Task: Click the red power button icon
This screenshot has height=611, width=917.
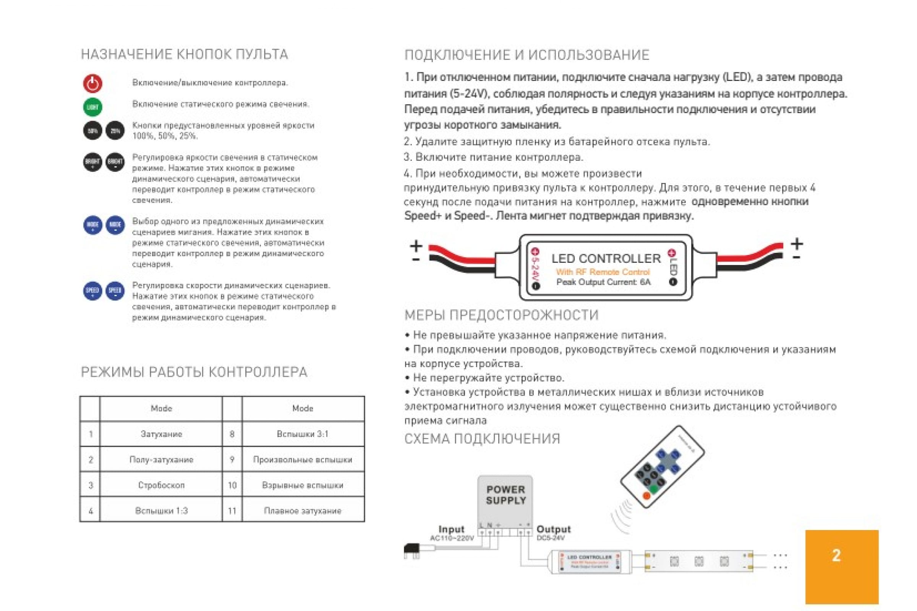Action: (x=92, y=83)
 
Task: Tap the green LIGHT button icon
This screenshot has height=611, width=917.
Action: (x=92, y=107)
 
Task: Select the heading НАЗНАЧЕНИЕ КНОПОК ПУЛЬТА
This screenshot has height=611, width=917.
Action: (x=185, y=54)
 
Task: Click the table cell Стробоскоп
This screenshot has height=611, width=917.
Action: (x=161, y=485)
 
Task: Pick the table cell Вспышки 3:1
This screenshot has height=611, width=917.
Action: (x=303, y=434)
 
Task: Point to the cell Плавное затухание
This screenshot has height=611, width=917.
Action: (x=303, y=511)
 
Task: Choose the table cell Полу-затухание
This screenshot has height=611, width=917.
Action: (x=161, y=459)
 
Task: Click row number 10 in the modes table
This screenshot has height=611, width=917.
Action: (x=232, y=485)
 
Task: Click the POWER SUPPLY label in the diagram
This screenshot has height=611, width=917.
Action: (x=505, y=495)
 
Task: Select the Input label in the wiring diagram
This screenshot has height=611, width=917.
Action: (x=452, y=529)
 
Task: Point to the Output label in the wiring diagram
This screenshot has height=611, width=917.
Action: (x=553, y=529)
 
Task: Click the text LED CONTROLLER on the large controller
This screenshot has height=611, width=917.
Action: (x=606, y=259)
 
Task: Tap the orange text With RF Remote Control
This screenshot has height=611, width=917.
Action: (x=603, y=272)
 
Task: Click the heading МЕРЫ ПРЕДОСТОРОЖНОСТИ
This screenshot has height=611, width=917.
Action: (x=501, y=315)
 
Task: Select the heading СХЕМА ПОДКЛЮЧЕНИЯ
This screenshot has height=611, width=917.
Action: (x=482, y=439)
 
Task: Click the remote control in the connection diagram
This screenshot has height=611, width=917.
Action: (x=662, y=467)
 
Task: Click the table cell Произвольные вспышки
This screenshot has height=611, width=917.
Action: (x=303, y=459)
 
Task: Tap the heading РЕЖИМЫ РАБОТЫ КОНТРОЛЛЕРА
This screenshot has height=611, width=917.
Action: (x=194, y=372)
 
